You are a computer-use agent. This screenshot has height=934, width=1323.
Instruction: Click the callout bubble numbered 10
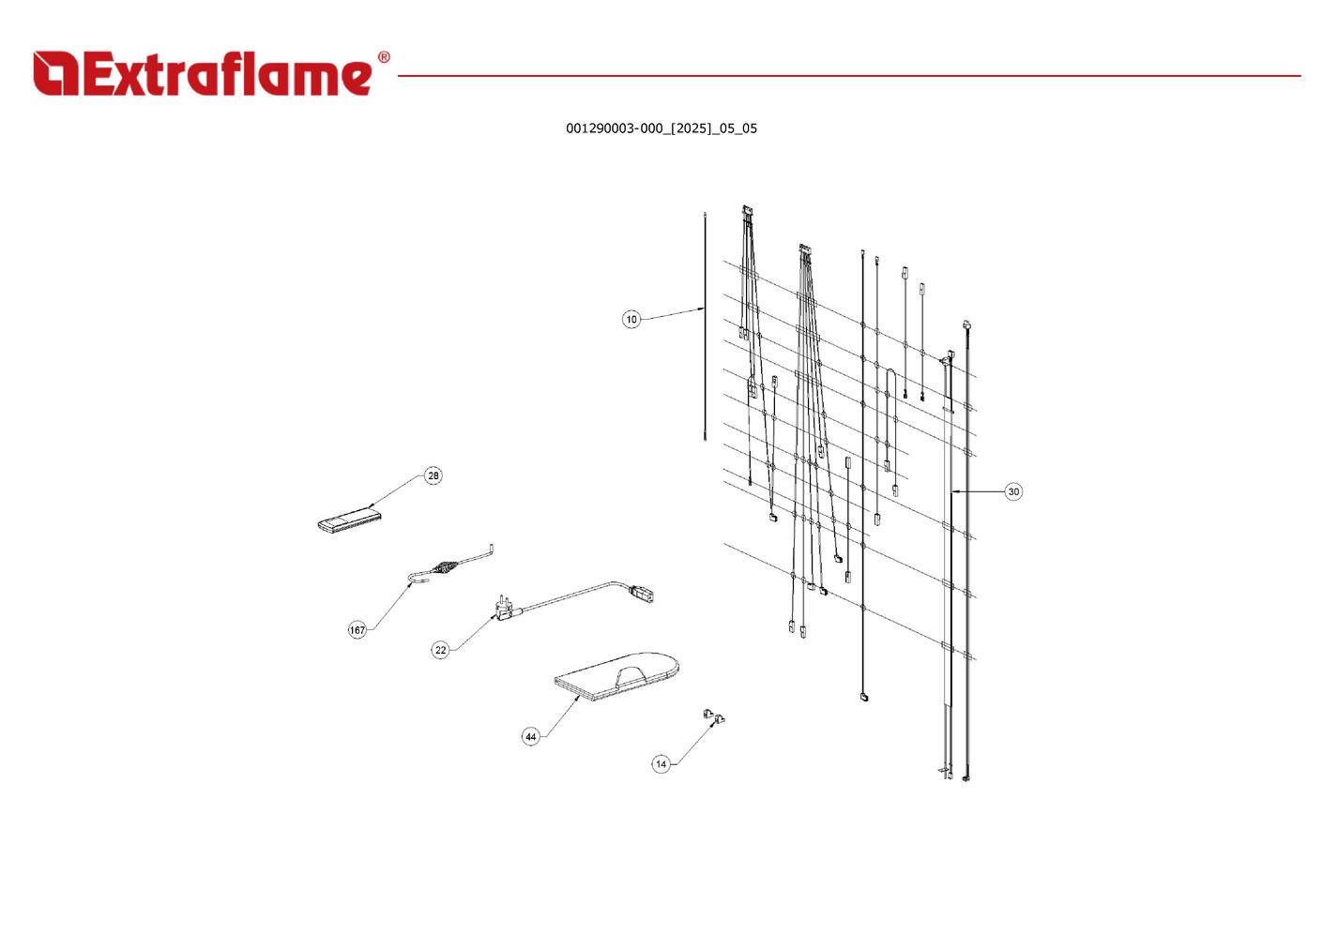pyautogui.click(x=631, y=320)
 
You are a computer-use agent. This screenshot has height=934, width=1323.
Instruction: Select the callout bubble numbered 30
pyautogui.click(x=1013, y=491)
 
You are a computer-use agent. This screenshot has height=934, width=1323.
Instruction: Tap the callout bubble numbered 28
pyautogui.click(x=433, y=475)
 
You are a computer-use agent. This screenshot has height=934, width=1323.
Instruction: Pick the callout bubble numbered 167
pyautogui.click(x=357, y=630)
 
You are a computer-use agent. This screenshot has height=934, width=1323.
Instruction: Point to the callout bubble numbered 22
pyautogui.click(x=441, y=650)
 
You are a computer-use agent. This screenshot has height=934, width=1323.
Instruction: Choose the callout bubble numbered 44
pyautogui.click(x=531, y=736)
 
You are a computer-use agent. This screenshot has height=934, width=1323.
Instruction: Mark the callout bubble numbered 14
pyautogui.click(x=661, y=764)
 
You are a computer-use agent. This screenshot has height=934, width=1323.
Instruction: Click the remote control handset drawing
pyautogui.click(x=349, y=520)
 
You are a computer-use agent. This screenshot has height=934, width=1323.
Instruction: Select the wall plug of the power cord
pyautogui.click(x=505, y=610)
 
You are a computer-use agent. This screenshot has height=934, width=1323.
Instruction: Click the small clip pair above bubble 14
pyautogui.click(x=714, y=716)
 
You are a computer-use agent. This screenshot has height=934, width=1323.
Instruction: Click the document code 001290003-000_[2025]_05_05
pyautogui.click(x=661, y=128)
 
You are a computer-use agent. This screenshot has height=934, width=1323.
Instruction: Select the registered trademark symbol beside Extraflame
pyautogui.click(x=384, y=57)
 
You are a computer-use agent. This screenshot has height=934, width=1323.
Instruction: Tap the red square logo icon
pyautogui.click(x=55, y=73)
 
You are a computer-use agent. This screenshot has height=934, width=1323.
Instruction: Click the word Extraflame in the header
pyautogui.click(x=228, y=73)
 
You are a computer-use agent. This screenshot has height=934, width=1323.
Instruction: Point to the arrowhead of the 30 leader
pyautogui.click(x=955, y=491)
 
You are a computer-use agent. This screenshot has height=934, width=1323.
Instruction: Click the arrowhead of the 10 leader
pyautogui.click(x=701, y=309)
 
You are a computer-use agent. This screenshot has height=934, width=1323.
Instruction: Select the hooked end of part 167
pyautogui.click(x=417, y=578)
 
